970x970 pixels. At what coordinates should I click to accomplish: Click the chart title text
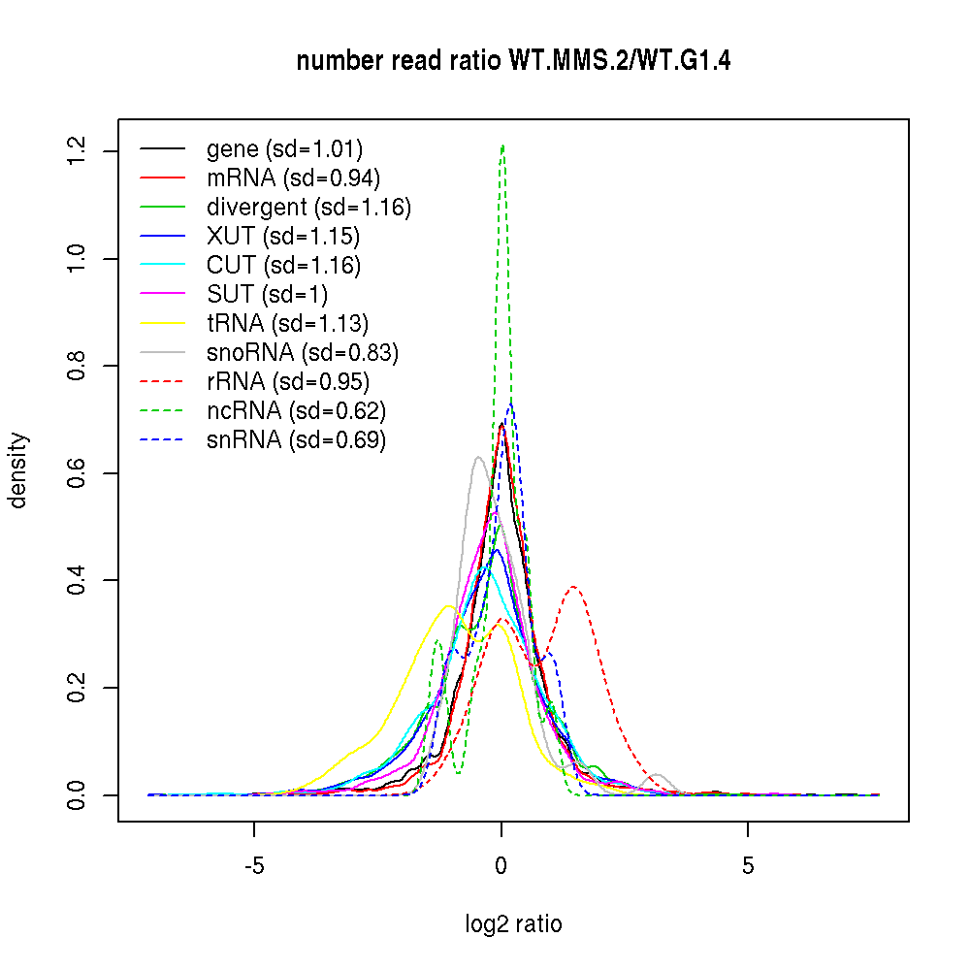(x=513, y=61)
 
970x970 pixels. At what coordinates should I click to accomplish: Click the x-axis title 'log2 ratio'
(x=513, y=923)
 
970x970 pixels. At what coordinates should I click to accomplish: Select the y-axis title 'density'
(x=18, y=470)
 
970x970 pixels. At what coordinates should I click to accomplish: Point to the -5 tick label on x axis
(x=254, y=865)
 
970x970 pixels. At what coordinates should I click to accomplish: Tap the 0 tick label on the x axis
(x=501, y=865)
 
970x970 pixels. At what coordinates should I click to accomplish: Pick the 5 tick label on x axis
(x=748, y=865)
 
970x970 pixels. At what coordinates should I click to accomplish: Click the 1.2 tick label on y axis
(x=77, y=150)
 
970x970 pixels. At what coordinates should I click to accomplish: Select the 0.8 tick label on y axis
(x=77, y=366)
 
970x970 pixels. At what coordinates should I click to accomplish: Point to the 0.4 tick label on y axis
(x=77, y=580)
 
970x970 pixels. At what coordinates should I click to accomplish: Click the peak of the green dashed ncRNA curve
(x=502, y=146)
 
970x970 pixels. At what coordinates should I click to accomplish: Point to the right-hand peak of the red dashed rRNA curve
(x=574, y=587)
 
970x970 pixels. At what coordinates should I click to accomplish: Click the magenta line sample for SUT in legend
(x=163, y=295)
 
